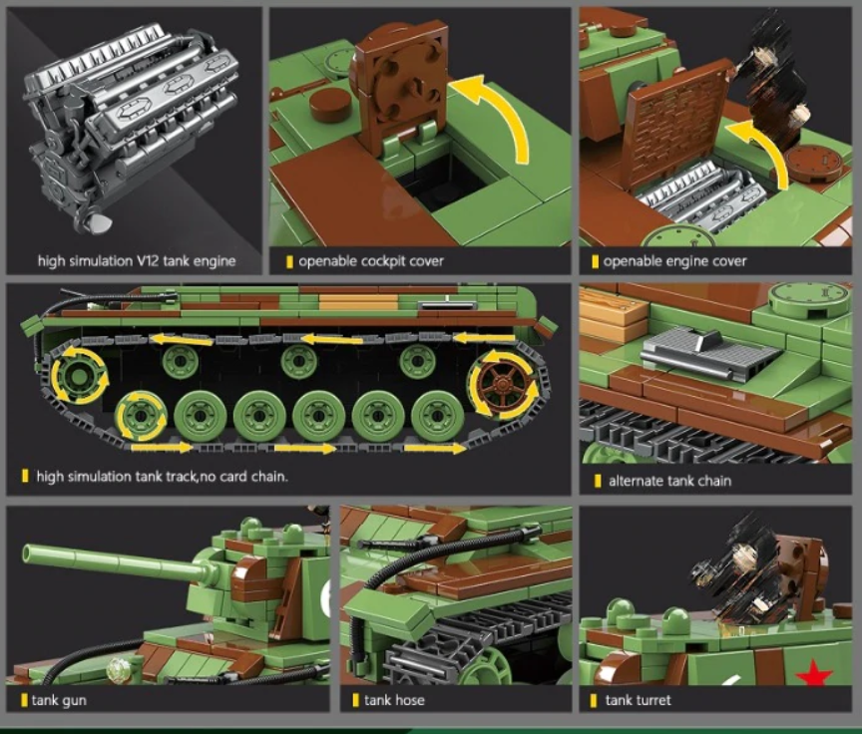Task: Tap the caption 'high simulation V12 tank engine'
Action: point(137,261)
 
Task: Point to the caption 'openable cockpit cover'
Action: point(370,261)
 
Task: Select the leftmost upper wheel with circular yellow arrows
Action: point(76,378)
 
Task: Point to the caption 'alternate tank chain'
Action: point(670,481)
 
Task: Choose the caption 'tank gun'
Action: point(59,700)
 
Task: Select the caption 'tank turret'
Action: point(640,700)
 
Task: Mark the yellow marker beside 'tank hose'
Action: point(355,700)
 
